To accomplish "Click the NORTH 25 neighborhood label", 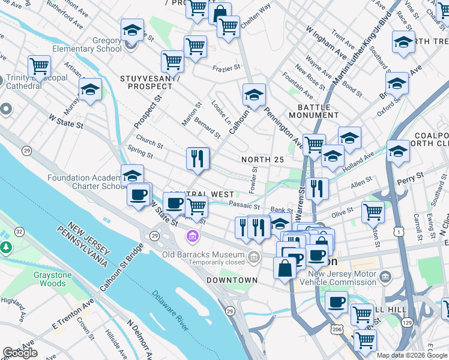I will (x=262, y=160).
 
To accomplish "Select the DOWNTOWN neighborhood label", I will (x=232, y=280).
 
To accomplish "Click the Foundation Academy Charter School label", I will (x=85, y=182).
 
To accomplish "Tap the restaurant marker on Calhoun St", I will (x=197, y=159).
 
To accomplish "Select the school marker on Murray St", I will (x=90, y=90).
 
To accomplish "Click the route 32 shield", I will (x=19, y=231).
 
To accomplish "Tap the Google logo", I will (x=20, y=353).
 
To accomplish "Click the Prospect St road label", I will (x=148, y=112).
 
